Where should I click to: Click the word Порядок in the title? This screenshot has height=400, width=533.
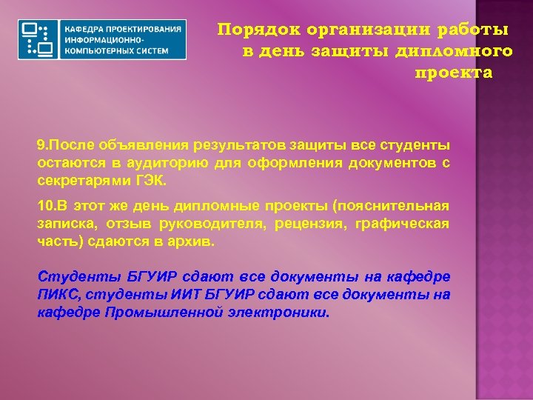250,30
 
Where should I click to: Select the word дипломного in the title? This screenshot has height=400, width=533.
461,52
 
